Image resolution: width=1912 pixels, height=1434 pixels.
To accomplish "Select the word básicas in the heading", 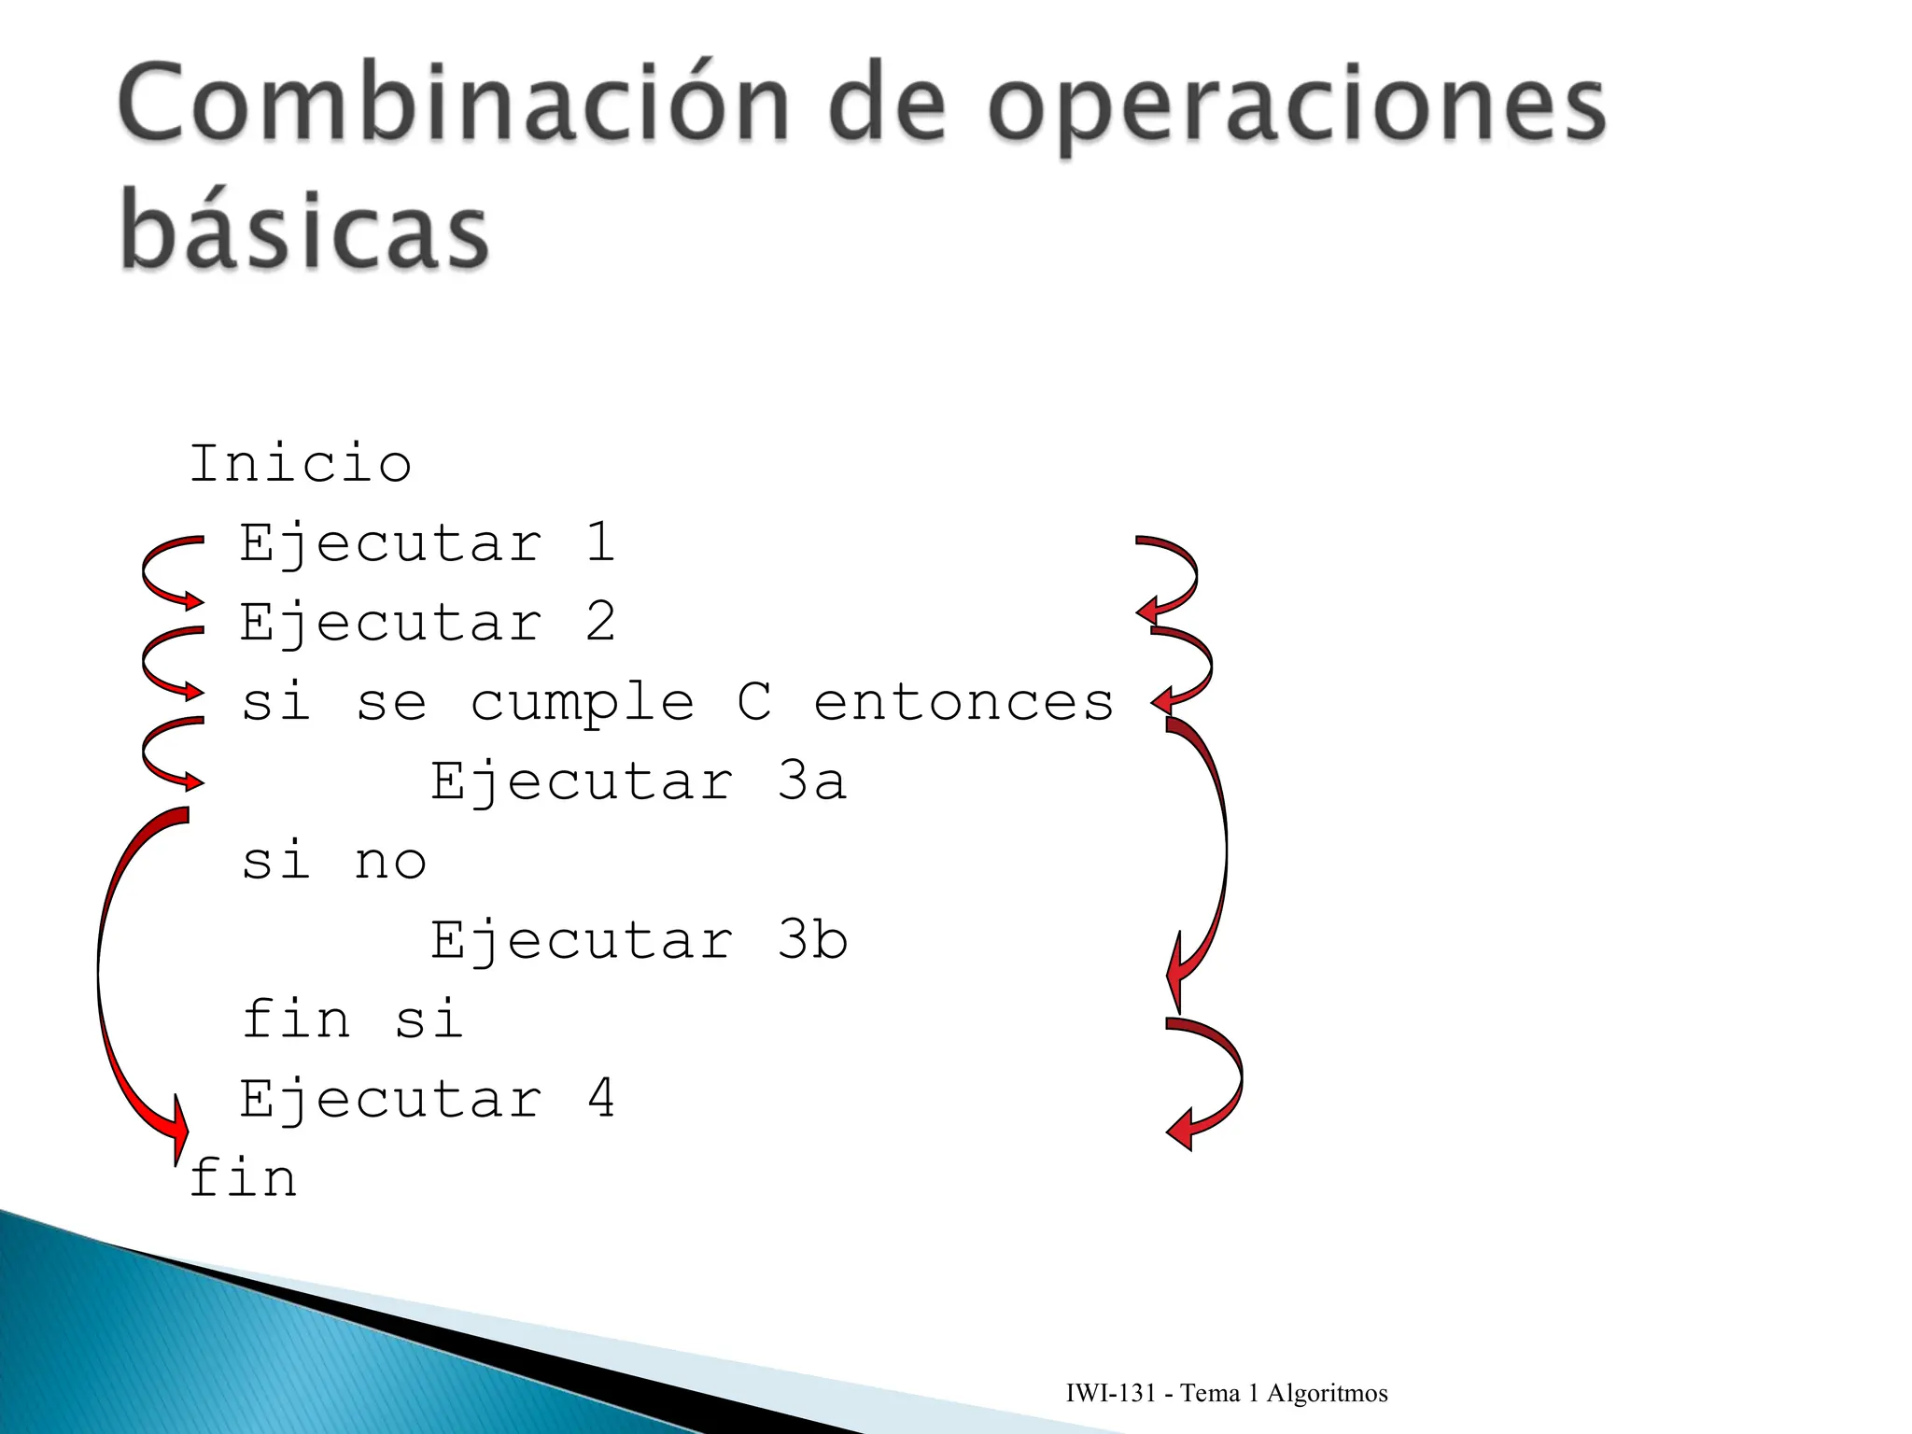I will point(304,229).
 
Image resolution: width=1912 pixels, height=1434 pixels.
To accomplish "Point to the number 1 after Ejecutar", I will point(600,542).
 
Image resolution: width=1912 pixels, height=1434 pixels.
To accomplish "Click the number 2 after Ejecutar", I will point(600,622).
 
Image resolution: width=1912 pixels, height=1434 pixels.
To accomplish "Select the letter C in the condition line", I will point(754,701).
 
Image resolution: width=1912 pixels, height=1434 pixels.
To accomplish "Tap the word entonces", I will point(963,703).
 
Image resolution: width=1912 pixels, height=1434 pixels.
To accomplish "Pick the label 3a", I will point(812,780).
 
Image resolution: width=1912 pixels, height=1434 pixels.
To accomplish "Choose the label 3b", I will point(812,939).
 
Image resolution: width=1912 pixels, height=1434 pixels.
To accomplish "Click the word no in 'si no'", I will point(390,862).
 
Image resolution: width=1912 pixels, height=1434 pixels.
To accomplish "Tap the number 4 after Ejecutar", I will point(600,1098).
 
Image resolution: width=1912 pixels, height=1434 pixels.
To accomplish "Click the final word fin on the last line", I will point(244,1177).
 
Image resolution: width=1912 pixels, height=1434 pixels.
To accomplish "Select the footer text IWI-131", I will point(1111,1393).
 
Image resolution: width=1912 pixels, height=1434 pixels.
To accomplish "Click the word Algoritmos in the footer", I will point(1327,1393).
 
